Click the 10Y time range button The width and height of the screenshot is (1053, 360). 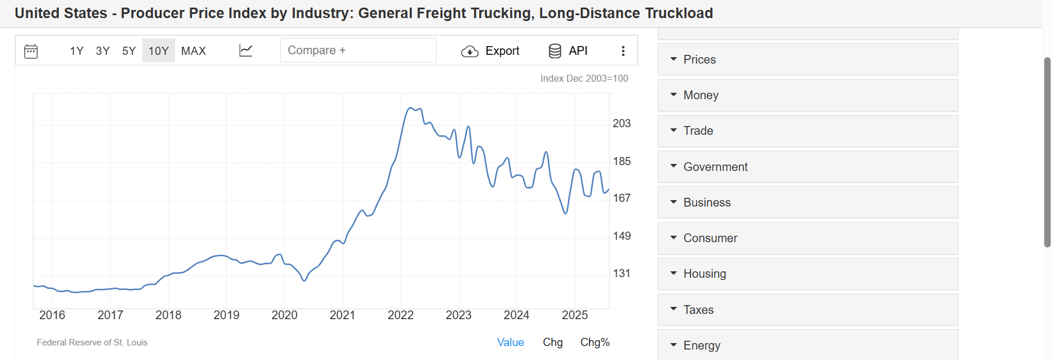coord(158,51)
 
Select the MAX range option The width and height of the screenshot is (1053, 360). coord(193,51)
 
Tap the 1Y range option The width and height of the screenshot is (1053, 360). coord(76,51)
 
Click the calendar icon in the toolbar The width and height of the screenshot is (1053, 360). coord(31,51)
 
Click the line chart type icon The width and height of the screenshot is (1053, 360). coord(246,51)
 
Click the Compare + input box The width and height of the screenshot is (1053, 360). coord(358,50)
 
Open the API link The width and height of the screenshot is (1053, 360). coord(568,51)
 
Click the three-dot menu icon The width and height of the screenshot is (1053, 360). coord(623,51)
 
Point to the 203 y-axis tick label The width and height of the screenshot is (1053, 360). coord(622,123)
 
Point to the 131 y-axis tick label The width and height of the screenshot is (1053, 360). coord(622,273)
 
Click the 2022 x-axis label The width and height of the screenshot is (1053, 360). coord(400,315)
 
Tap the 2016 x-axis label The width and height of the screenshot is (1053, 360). coord(52,315)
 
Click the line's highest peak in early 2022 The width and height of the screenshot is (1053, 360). coord(411,108)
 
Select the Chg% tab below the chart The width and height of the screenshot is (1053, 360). coord(594,342)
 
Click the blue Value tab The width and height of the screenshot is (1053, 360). coord(510,342)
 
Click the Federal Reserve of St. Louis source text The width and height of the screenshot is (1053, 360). coord(92,342)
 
